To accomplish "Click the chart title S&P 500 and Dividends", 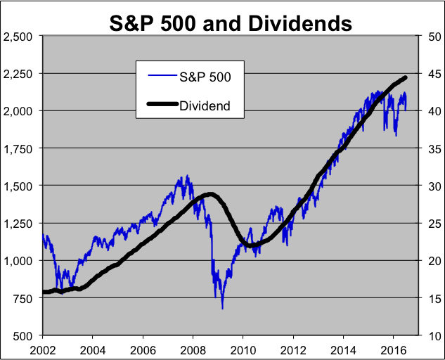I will click(231, 23).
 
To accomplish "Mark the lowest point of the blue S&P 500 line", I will click(223, 309).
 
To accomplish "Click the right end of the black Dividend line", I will click(406, 77).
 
